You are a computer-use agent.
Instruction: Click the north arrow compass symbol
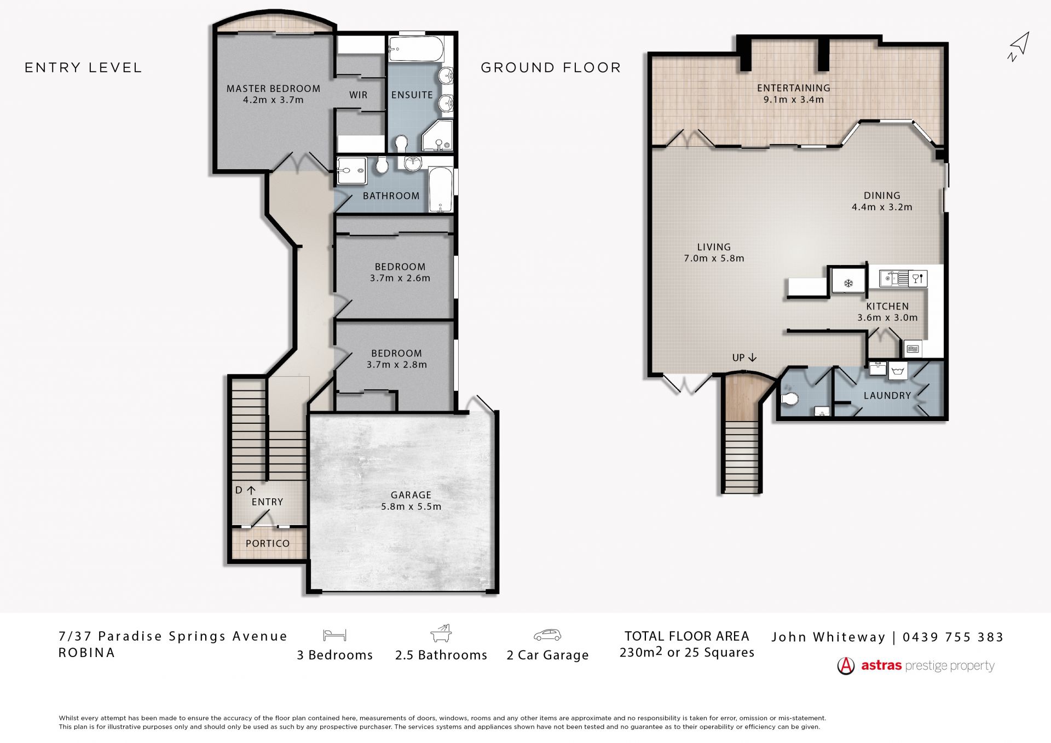click(x=1019, y=47)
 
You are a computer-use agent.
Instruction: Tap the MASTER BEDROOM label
click(x=273, y=89)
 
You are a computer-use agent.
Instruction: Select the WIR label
click(x=359, y=95)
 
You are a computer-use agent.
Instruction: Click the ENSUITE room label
click(x=412, y=95)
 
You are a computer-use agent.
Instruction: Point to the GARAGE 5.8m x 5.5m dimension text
click(x=411, y=506)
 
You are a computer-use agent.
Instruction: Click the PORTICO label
click(x=268, y=543)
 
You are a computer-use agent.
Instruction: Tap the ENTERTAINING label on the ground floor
click(x=794, y=88)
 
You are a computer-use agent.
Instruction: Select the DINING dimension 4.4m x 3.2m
click(x=882, y=207)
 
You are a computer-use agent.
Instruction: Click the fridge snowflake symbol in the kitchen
click(x=848, y=283)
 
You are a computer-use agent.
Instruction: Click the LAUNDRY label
click(x=887, y=395)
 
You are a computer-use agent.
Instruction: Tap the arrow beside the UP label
click(x=752, y=358)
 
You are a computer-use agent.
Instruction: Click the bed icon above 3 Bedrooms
click(x=334, y=635)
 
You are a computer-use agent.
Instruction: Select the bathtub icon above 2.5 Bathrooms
click(x=441, y=633)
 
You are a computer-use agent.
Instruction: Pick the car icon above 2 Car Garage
click(x=547, y=635)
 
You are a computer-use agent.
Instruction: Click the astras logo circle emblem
click(x=846, y=666)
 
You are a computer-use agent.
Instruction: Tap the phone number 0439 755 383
click(x=953, y=637)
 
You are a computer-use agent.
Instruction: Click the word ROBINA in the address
click(x=86, y=653)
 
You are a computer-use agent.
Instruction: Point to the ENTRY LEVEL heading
click(x=83, y=67)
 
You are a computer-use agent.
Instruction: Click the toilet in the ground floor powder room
click(x=788, y=399)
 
